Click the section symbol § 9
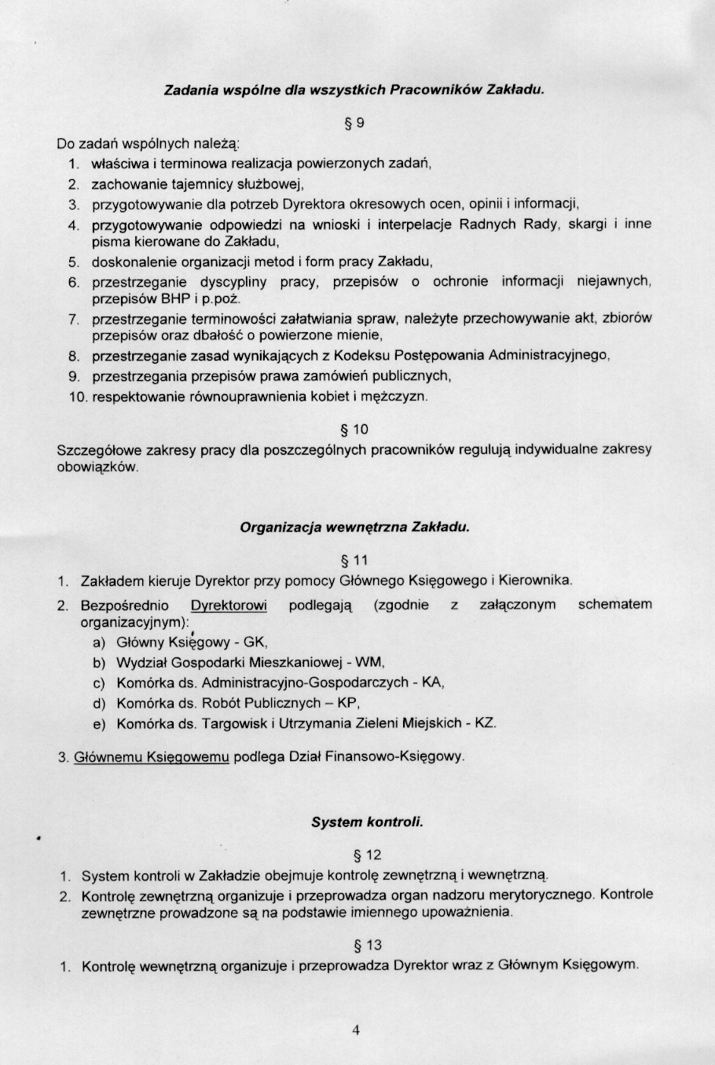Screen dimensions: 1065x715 point(355,123)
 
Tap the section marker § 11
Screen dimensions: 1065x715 point(354,561)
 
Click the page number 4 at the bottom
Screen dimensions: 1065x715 point(356,1030)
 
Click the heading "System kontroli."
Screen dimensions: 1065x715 point(367,822)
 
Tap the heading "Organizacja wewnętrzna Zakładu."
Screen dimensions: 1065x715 point(354,528)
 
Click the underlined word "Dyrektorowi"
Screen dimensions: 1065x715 point(229,605)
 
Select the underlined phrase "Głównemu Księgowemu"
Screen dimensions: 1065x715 point(152,757)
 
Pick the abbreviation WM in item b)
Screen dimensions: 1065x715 point(370,662)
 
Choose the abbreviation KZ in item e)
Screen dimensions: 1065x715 point(485,723)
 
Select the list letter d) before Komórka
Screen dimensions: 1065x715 point(99,703)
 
